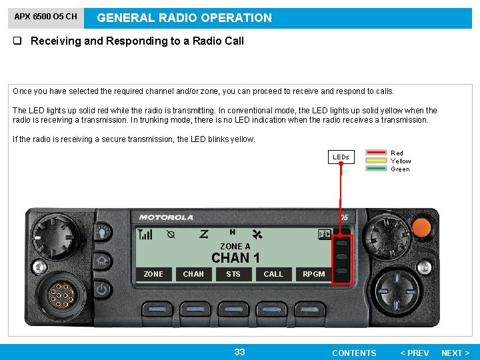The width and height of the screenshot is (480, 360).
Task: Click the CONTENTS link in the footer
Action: point(354,353)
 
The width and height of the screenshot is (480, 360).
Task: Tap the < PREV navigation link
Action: point(414,353)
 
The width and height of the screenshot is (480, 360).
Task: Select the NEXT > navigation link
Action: point(455,353)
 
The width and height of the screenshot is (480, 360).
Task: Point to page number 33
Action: point(239,352)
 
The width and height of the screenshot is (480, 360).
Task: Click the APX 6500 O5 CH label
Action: point(45,17)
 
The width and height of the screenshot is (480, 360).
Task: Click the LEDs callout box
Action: point(341,157)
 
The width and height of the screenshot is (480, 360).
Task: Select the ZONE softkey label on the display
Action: point(153,274)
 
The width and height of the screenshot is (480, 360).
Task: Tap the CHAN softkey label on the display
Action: point(193,274)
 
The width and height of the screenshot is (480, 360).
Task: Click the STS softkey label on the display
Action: point(233,274)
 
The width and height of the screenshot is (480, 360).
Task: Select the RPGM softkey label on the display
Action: point(314,274)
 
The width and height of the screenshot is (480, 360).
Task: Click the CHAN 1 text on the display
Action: point(235,258)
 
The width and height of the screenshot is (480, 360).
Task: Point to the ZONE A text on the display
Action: point(235,247)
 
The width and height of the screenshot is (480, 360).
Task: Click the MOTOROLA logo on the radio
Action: point(166,217)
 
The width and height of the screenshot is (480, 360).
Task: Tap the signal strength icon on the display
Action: point(145,235)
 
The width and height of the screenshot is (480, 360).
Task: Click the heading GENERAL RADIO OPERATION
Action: point(185,18)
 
